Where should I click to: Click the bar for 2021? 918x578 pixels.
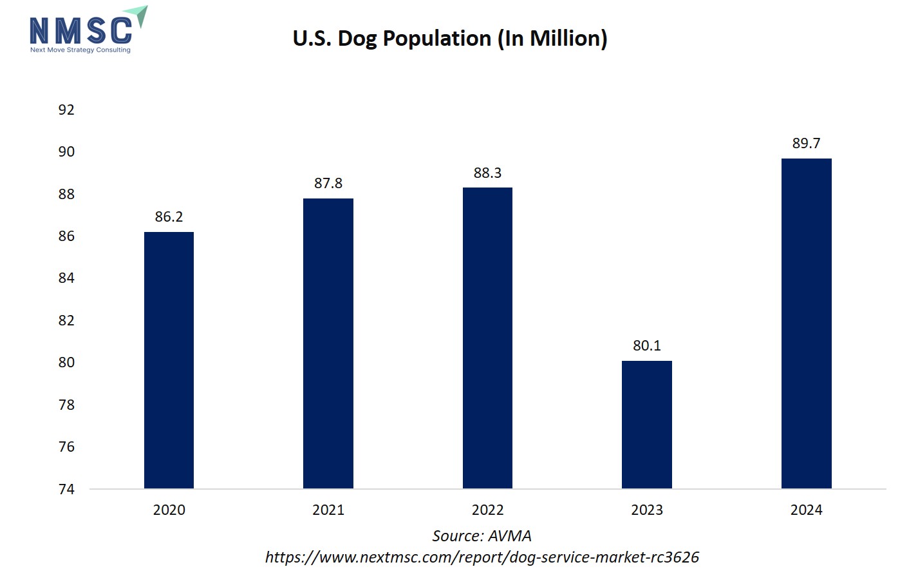pyautogui.click(x=328, y=343)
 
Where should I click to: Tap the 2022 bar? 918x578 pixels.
pyautogui.click(x=487, y=338)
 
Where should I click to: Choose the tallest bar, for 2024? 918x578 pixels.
pyautogui.click(x=806, y=323)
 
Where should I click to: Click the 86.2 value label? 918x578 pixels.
pyautogui.click(x=169, y=217)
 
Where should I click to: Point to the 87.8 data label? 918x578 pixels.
pyautogui.click(x=328, y=183)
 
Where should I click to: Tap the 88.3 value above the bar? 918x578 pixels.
pyautogui.click(x=487, y=173)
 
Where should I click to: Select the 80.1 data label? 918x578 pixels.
pyautogui.click(x=647, y=345)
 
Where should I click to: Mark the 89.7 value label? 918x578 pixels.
pyautogui.click(x=806, y=143)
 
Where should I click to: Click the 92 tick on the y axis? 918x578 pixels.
pyautogui.click(x=66, y=110)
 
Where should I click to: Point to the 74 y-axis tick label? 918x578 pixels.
pyautogui.click(x=66, y=489)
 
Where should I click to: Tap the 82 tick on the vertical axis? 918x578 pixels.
pyautogui.click(x=66, y=320)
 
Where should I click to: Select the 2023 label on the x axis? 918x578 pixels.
pyautogui.click(x=647, y=510)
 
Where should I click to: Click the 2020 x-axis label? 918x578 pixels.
pyautogui.click(x=169, y=510)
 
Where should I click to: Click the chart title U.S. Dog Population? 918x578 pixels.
pyautogui.click(x=450, y=38)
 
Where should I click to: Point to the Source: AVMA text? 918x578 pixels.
pyautogui.click(x=482, y=535)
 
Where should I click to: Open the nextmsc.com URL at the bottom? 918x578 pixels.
pyautogui.click(x=482, y=557)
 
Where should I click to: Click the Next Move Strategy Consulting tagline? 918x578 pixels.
pyautogui.click(x=80, y=50)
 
